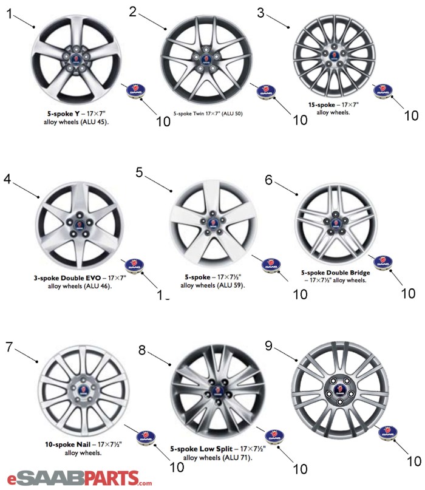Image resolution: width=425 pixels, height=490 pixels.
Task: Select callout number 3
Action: click(261, 13)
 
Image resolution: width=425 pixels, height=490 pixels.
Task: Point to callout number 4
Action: click(7, 179)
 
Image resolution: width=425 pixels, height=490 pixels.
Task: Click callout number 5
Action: click(139, 172)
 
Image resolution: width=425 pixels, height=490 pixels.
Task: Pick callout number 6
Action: click(269, 180)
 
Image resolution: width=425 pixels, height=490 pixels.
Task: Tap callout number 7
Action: click(8, 347)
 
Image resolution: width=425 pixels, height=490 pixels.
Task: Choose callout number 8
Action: click(142, 350)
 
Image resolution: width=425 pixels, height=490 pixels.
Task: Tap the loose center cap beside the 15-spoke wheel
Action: click(382, 92)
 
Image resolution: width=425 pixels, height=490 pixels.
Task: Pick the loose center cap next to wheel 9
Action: click(387, 433)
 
